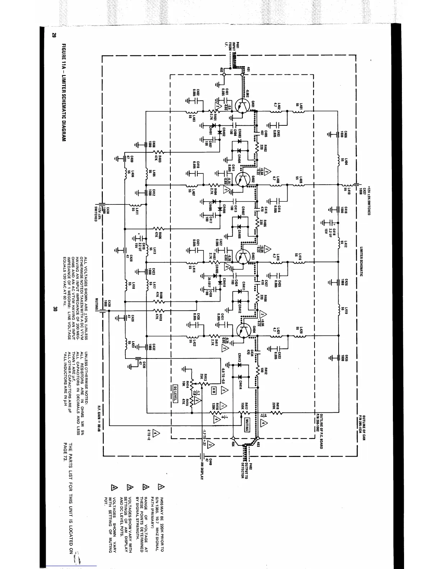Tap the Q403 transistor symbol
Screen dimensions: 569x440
point(244,256)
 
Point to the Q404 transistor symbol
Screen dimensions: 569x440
point(245,330)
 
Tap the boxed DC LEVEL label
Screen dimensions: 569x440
point(175,394)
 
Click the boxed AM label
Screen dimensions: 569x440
point(214,390)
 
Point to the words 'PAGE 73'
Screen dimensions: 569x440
point(65,454)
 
